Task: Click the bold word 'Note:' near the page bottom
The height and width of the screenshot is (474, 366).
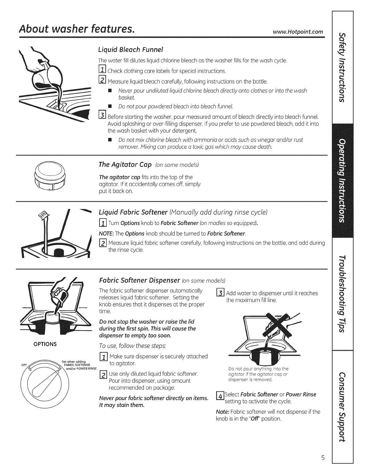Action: click(x=222, y=411)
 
